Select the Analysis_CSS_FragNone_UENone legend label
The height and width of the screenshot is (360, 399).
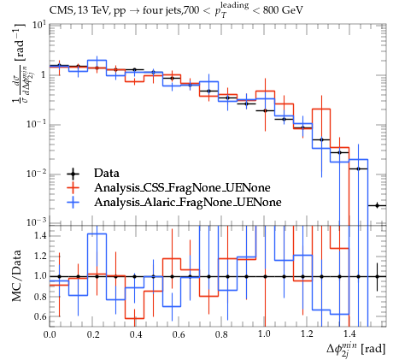tap(182, 187)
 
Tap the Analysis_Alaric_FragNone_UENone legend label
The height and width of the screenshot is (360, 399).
tap(188, 202)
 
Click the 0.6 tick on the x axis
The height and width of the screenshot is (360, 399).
tap(179, 334)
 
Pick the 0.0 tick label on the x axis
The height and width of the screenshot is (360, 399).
tap(50, 334)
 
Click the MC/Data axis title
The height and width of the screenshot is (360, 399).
tap(16, 276)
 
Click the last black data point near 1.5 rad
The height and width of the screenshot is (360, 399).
tap(377, 205)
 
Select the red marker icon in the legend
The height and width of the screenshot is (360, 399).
tap(73, 187)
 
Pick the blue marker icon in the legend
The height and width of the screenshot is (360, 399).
tap(73, 202)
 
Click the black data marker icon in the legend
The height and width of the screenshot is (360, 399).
tap(73, 173)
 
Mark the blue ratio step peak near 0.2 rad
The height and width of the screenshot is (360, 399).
tap(97, 233)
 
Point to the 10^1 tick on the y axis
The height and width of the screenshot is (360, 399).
tap(38, 26)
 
